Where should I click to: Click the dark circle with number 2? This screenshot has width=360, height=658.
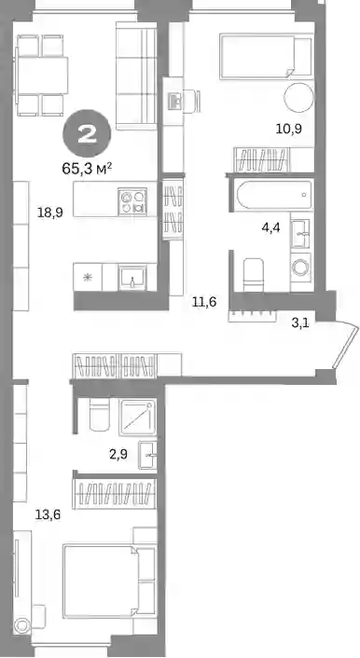pos(87,134)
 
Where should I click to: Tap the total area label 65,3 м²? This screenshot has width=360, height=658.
pos(87,169)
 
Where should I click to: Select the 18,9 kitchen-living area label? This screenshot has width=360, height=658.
pos(50,212)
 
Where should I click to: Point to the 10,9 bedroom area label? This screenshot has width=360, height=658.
pos(289,129)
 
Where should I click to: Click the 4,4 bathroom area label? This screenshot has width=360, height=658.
pos(271,228)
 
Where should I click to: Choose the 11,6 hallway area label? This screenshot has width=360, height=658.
pos(204,301)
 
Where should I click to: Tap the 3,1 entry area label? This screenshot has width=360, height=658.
pos(300,322)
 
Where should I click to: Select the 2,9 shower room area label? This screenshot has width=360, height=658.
pos(118,454)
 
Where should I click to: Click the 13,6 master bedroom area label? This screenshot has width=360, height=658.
pos(48,514)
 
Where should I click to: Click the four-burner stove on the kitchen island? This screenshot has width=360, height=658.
pos(132,201)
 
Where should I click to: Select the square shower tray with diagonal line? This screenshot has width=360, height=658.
pos(137,418)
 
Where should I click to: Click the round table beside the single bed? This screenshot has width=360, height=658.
pos(299,97)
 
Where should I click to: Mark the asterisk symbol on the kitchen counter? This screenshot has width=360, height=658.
pos(88,278)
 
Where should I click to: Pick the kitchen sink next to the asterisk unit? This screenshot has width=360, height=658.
pos(132,277)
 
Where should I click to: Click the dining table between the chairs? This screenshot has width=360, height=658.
pos(42,75)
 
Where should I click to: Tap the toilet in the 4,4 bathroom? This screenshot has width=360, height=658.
pos(254,275)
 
